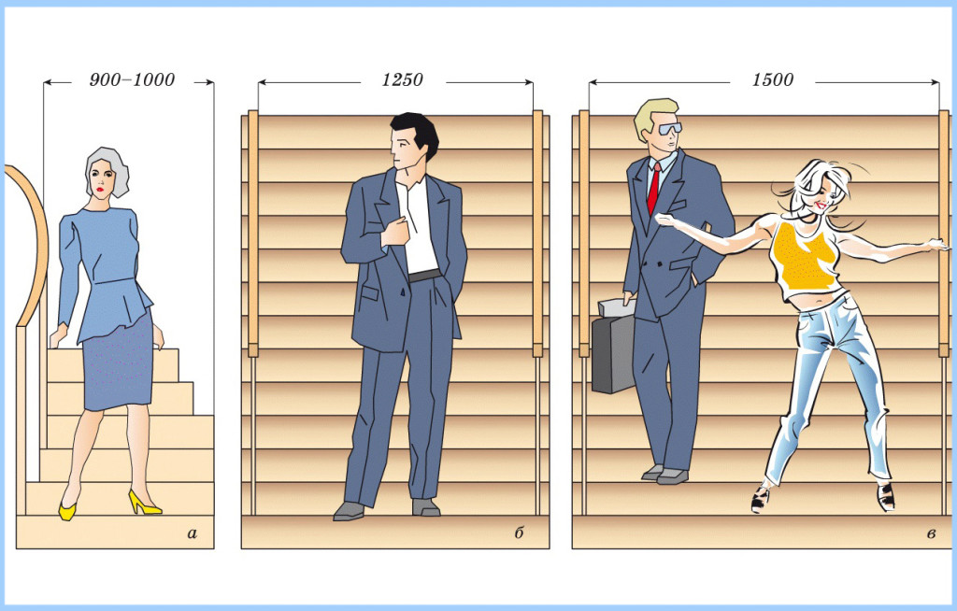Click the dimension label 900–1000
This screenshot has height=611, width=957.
click(132, 80)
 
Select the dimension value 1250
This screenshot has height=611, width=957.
click(402, 80)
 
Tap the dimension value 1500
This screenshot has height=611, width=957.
click(773, 80)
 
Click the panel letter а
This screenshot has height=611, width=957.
click(193, 534)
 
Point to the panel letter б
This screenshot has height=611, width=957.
click(519, 533)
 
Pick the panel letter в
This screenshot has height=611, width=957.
click(931, 534)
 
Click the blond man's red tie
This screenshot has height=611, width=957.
click(653, 188)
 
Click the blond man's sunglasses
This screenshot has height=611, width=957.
click(669, 129)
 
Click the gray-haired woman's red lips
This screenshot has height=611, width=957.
click(99, 190)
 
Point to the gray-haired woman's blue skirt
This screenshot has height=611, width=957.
click(117, 363)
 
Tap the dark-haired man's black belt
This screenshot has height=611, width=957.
click(425, 276)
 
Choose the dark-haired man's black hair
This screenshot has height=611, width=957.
click(418, 131)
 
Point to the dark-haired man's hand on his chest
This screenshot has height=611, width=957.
click(396, 232)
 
